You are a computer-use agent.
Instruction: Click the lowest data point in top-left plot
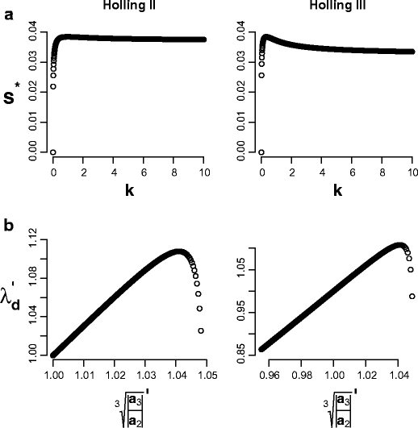[x=52, y=152]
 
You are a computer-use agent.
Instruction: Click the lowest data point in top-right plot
[x=261, y=152]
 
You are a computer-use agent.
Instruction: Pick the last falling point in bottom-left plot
[x=200, y=330]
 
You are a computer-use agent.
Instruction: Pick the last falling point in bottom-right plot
[x=412, y=296]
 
